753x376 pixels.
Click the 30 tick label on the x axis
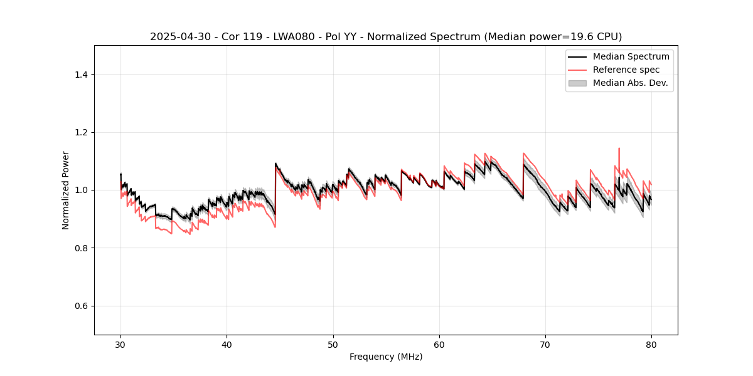coord(120,344)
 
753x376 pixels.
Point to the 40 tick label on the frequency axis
coord(227,344)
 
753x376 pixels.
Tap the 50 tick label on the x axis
coord(333,344)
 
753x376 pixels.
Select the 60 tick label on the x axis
coord(439,344)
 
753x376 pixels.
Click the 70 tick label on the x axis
coord(545,344)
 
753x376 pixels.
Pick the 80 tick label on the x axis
coord(651,344)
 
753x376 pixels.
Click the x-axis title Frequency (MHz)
coord(386,357)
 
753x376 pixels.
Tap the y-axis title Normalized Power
coord(65,190)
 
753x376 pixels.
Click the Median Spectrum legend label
coord(631,56)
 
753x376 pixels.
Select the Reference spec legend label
coord(626,70)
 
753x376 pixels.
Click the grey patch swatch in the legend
coord(577,83)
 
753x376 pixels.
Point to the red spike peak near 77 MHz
coord(619,149)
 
